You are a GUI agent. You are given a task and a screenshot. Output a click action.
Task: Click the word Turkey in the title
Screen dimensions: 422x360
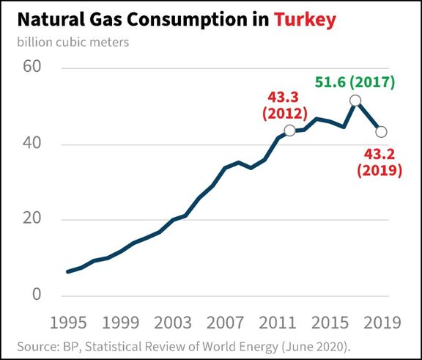[305, 19]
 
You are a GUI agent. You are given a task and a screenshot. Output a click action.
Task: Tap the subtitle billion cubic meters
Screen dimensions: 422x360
[73, 43]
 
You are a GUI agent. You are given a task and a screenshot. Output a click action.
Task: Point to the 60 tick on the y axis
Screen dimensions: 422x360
[32, 66]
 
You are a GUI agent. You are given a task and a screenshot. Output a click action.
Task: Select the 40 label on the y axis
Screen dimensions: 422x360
[32, 143]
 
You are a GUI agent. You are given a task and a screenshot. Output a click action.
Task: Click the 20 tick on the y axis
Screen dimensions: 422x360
[32, 218]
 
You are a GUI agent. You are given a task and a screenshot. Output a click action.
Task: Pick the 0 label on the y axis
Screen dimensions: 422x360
[37, 294]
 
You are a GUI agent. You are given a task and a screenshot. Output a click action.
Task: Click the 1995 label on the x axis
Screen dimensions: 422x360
[68, 323]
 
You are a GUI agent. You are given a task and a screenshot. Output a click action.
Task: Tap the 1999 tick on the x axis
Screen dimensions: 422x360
[121, 323]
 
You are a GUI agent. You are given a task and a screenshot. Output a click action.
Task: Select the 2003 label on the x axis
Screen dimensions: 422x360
[173, 323]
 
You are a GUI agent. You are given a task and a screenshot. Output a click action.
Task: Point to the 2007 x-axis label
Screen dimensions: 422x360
[225, 323]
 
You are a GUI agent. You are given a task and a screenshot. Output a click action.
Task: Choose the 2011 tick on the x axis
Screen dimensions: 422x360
[278, 323]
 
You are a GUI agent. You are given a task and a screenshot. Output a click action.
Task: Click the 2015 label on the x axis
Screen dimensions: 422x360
[330, 323]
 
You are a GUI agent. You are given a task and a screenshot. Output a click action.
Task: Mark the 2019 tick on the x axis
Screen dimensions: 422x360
[382, 323]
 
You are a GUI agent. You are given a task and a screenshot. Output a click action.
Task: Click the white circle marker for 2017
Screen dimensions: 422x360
[355, 100]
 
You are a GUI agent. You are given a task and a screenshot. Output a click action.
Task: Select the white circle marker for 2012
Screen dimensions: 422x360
[290, 131]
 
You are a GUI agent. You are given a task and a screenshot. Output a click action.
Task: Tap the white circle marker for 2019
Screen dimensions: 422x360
[382, 132]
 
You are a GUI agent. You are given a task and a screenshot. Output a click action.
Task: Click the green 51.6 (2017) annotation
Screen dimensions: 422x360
[355, 82]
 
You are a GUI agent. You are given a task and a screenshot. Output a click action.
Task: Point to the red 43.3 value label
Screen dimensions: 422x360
[283, 98]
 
